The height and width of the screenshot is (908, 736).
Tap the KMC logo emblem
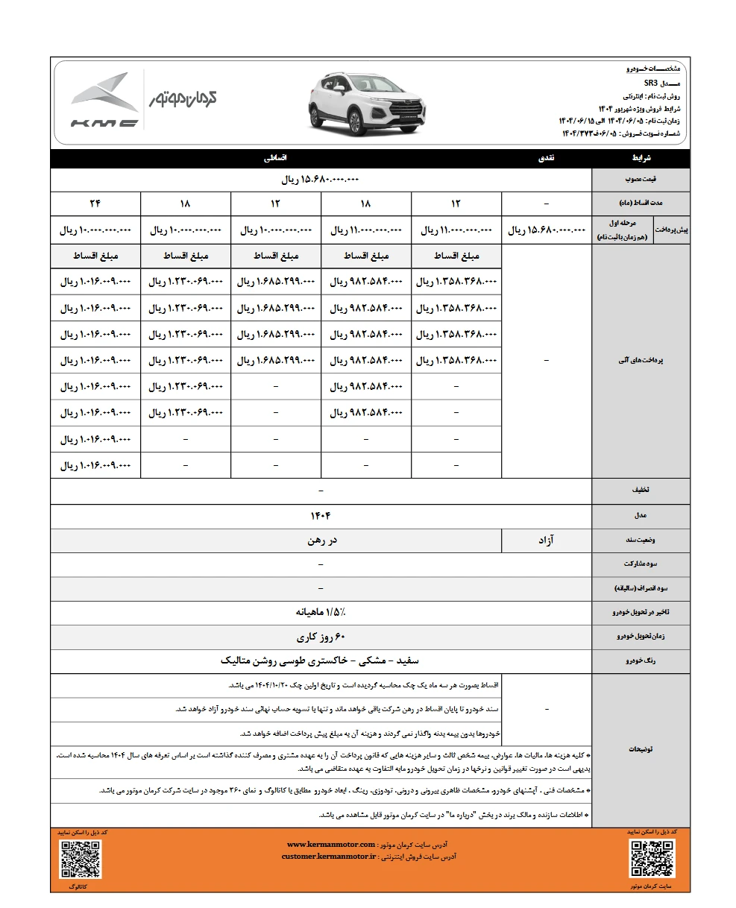[104, 101]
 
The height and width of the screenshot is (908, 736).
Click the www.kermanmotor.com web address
[331, 844]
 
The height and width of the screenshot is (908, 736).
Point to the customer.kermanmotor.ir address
[329, 857]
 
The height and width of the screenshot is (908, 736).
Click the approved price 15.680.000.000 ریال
[321, 180]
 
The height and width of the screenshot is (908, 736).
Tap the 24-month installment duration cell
[95, 204]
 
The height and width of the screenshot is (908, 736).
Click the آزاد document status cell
[547, 540]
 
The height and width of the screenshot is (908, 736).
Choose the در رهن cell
[321, 540]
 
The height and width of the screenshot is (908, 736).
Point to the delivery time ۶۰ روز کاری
[321, 637]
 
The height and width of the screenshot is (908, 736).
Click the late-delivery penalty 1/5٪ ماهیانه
[321, 612]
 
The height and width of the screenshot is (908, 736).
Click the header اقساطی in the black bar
[277, 159]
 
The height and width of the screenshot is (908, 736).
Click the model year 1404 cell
[321, 515]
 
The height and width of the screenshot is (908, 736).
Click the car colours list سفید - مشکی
[321, 661]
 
